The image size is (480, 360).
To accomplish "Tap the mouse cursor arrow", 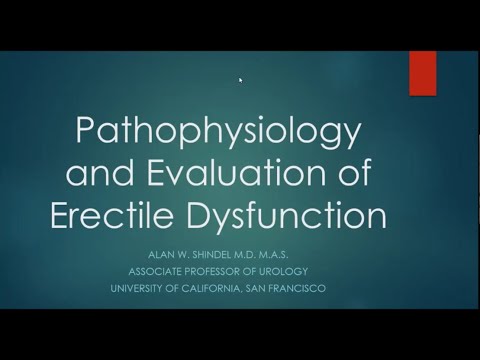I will (x=241, y=80).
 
